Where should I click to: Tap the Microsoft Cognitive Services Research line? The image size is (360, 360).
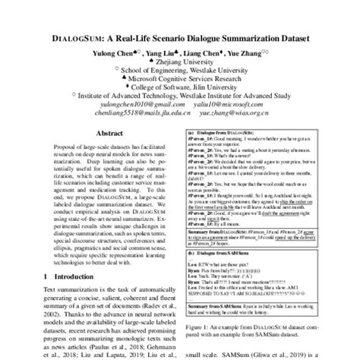tap(182, 77)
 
